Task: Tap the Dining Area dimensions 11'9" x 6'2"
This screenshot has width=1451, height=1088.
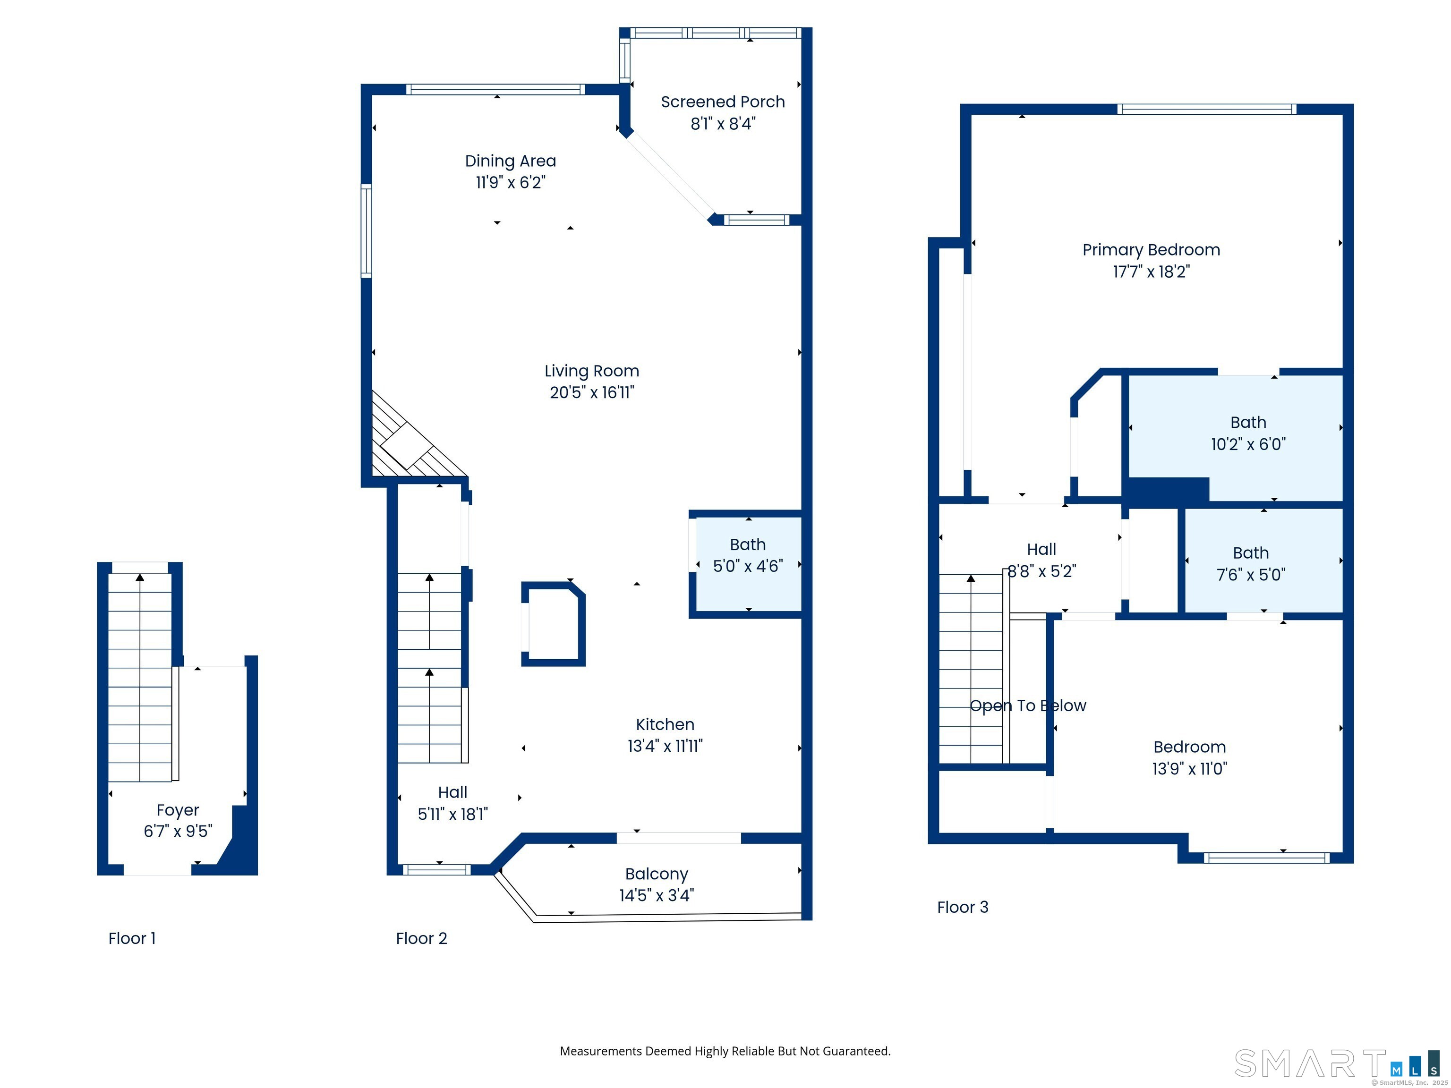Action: point(510,182)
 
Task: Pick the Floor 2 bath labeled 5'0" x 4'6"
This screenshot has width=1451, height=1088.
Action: point(748,555)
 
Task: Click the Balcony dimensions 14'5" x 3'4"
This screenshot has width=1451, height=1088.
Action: point(656,895)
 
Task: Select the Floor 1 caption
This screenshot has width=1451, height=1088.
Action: point(132,938)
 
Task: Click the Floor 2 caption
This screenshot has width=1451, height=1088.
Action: point(421,938)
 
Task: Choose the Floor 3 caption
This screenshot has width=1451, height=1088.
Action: point(962,907)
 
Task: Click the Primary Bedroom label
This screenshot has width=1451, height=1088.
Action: point(1151,250)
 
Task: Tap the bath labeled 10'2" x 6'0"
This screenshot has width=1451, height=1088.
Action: point(1247,433)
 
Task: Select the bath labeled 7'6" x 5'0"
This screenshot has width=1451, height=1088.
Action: point(1250,563)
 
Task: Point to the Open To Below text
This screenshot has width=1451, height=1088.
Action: point(1027,705)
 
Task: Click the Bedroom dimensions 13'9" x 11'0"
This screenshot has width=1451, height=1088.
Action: point(1189,769)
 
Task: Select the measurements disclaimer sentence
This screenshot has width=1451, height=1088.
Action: point(725,1051)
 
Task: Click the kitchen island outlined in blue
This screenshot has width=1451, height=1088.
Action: point(553,624)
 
